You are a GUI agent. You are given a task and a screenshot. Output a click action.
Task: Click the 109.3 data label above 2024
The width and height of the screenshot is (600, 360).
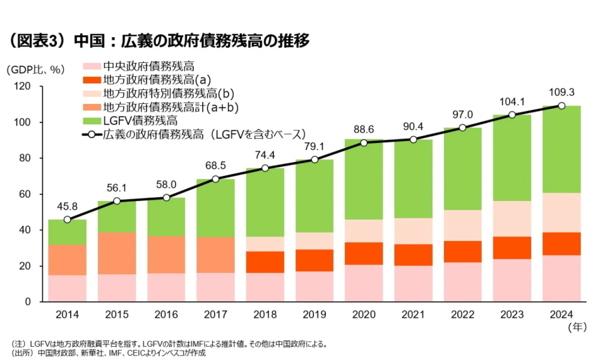coord(562,92)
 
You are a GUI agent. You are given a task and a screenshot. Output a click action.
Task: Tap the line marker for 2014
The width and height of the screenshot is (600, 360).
coord(67,220)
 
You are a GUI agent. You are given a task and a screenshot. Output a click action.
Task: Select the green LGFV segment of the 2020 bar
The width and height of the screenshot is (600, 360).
coord(364,180)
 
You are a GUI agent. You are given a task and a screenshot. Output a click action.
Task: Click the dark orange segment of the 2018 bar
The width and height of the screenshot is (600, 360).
coord(265,262)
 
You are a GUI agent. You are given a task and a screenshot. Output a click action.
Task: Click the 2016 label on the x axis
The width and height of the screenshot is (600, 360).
coord(166,314)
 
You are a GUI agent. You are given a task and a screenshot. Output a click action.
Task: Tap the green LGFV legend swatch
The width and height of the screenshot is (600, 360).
coord(91,121)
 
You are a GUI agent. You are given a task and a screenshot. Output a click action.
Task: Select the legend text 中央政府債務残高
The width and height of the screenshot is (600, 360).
coord(149,67)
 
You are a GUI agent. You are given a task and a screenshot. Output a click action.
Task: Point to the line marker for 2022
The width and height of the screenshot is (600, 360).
coord(463,127)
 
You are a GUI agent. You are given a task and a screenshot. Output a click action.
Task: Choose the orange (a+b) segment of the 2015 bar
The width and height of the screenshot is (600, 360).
coord(117,253)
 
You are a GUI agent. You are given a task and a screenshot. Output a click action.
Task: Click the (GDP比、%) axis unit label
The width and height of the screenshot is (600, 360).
coord(35,70)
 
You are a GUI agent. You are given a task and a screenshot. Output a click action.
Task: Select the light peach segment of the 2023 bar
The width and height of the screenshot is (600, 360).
coord(512,218)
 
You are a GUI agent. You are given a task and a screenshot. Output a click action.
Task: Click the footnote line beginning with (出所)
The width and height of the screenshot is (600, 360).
coord(108,353)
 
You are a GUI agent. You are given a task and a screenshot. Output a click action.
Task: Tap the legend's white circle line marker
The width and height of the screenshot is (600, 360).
coord(91,134)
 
